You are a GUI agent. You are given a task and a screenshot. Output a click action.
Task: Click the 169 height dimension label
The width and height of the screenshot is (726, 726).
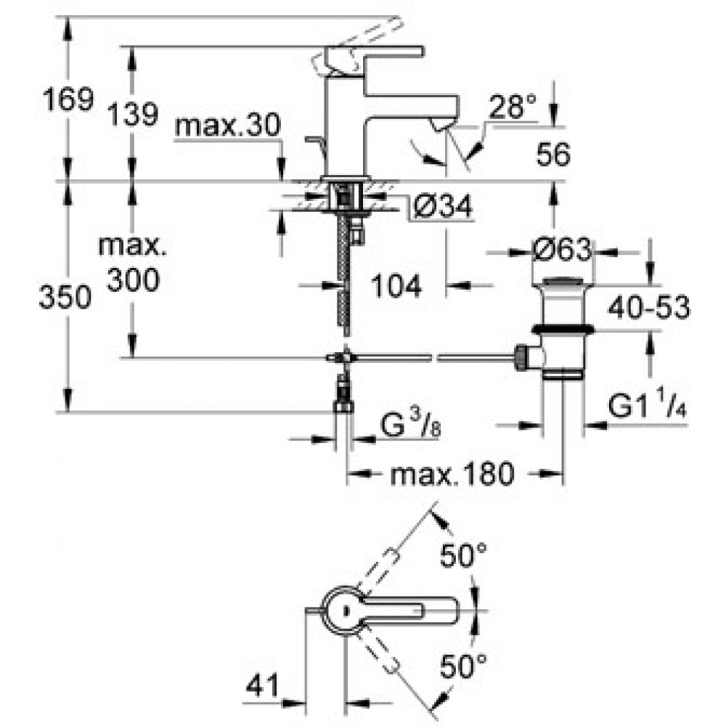[68, 99]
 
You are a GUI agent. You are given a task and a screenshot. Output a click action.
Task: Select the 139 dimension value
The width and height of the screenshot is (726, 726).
[133, 115]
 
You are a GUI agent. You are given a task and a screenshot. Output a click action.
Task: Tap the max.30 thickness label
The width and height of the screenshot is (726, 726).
[228, 125]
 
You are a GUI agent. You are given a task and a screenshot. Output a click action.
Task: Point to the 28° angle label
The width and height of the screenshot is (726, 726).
[513, 107]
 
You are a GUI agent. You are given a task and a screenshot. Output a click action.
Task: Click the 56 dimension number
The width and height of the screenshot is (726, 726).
[552, 154]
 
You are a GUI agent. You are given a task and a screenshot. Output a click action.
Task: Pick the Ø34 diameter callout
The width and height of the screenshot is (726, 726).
[441, 206]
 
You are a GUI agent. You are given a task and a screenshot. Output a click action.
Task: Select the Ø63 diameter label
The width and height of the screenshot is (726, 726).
[562, 250]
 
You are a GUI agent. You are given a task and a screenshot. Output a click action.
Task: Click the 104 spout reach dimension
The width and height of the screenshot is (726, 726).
[396, 285]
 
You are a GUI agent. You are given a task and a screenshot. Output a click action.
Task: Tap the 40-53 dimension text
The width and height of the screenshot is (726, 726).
[648, 307]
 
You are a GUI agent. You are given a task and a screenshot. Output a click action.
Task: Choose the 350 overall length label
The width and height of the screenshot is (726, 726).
[65, 297]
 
